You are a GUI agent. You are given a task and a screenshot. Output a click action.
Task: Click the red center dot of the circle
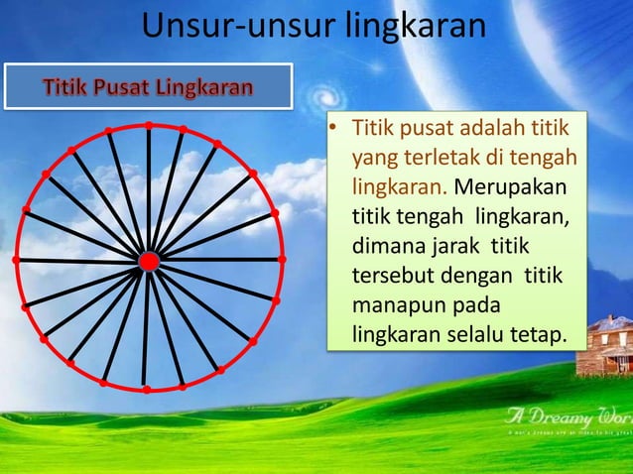point(149,261)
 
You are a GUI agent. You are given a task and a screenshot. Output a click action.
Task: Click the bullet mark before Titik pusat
point(335,129)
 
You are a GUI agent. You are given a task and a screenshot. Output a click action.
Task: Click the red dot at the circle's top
point(149,126)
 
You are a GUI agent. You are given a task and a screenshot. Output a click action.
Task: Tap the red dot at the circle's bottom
point(147,390)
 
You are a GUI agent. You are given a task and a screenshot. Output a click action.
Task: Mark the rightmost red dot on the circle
point(282,259)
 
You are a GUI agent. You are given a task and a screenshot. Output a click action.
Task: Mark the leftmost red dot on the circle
point(16,259)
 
